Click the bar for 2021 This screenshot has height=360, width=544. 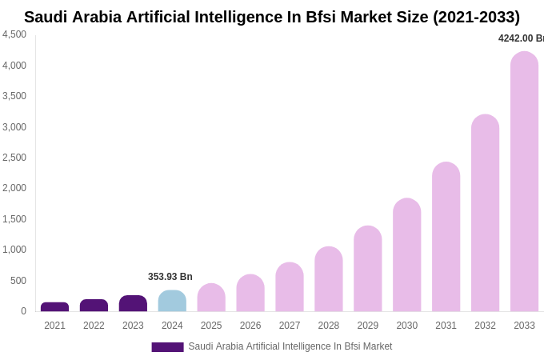tap(54, 307)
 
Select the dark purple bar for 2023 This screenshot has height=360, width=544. tap(133, 303)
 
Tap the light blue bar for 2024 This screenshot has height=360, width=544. tap(172, 301)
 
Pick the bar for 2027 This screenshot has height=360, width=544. tap(290, 287)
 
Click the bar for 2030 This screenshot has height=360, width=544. tap(406, 255)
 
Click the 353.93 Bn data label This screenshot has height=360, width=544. tap(170, 277)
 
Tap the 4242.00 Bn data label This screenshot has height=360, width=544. tap(521, 38)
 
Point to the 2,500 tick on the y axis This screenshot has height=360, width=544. tap(14, 158)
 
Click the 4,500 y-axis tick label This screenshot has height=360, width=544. tap(14, 34)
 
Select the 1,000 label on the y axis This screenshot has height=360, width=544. tap(14, 250)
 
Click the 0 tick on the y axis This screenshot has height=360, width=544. tap(23, 311)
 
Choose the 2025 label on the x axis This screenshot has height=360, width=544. tap(211, 326)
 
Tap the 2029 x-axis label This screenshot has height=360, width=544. tap(368, 326)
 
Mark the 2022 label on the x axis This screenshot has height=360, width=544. tap(94, 326)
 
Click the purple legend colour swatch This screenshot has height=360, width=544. tap(167, 347)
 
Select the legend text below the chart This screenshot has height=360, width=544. tap(290, 346)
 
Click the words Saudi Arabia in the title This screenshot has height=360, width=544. tap(73, 17)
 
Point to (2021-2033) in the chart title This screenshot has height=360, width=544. tap(476, 17)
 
